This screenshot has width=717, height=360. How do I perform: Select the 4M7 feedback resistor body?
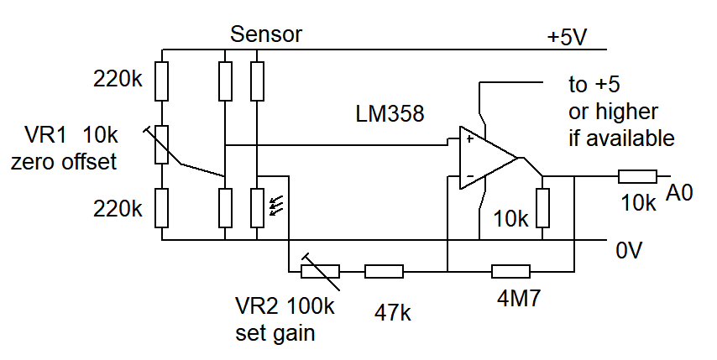(x=511, y=271)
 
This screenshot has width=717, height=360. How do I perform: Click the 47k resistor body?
(x=385, y=271)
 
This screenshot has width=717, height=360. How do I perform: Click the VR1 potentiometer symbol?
(x=161, y=144)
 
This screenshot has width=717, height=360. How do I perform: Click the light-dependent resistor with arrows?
(x=257, y=207)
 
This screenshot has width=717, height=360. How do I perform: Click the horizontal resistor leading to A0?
(x=637, y=176)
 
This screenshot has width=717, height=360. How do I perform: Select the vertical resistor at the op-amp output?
(x=542, y=208)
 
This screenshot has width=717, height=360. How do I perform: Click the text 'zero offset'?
(x=63, y=162)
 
